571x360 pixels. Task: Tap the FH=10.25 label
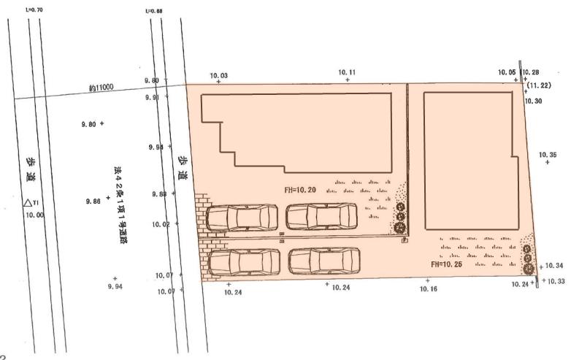445,264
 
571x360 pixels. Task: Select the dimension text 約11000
101,87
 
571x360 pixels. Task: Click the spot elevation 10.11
348,72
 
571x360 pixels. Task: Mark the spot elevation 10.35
548,155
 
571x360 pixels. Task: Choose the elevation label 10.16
429,289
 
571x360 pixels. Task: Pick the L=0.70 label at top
33,9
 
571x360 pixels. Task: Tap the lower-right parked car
324,261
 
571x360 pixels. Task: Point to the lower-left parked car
243,261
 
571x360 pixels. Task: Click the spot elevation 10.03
218,76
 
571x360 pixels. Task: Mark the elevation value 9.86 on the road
93,200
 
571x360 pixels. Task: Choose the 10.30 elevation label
534,101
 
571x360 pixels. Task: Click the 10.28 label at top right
531,72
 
